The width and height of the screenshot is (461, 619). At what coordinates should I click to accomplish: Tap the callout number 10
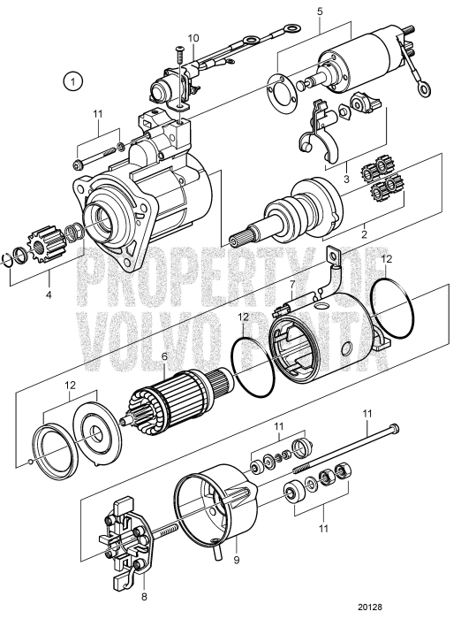tap(193, 38)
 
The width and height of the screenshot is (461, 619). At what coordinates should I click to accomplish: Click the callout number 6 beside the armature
tap(164, 358)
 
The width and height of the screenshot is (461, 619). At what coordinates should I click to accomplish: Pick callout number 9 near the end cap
tap(236, 561)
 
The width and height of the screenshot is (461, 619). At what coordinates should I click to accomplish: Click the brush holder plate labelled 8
tap(123, 535)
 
